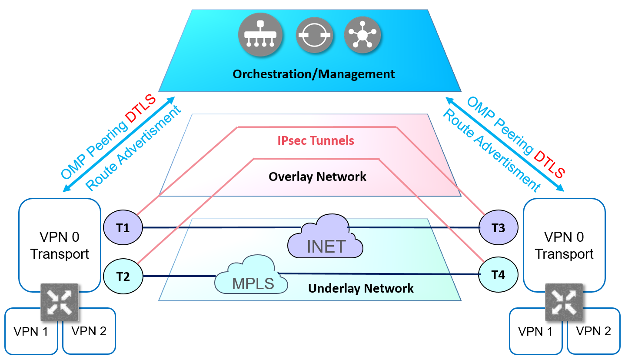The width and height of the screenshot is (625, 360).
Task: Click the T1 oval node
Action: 123,227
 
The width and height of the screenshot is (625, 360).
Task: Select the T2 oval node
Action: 123,276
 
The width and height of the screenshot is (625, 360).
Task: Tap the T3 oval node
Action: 498,227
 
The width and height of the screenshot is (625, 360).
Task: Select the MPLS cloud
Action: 253,278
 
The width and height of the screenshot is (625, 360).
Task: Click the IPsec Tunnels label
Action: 316,141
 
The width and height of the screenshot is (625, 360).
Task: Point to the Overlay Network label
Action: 317,177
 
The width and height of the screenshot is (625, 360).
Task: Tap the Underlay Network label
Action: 361,288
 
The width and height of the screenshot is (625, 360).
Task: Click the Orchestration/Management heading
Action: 313,74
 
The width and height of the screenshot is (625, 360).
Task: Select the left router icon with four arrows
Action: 60,302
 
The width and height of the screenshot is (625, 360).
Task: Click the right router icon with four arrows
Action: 564,302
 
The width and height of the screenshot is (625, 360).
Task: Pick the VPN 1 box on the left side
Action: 31,331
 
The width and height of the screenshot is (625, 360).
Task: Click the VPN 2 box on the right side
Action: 593,331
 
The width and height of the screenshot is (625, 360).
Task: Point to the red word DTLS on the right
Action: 549,164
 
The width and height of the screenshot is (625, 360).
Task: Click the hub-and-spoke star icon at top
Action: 362,35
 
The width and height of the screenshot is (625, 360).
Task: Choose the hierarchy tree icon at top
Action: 260,35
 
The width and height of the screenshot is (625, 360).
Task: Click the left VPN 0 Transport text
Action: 60,245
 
